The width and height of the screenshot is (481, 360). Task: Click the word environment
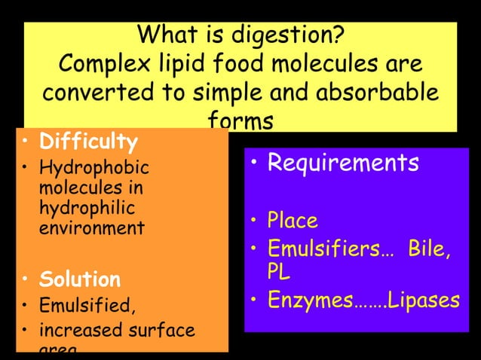coord(90,227)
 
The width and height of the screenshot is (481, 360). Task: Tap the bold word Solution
coord(79,280)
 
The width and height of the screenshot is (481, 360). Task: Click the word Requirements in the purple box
coord(343,163)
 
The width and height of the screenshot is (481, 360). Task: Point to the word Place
coord(293,221)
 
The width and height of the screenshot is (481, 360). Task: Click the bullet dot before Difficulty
coord(26,141)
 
